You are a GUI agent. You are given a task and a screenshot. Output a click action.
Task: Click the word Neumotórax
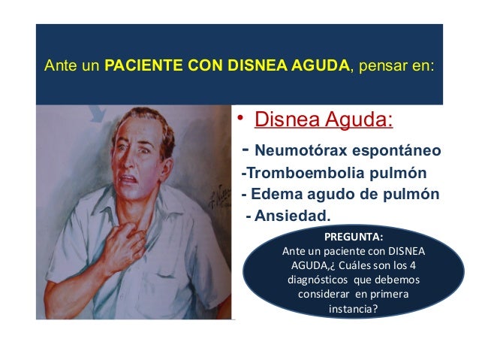(293, 150)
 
